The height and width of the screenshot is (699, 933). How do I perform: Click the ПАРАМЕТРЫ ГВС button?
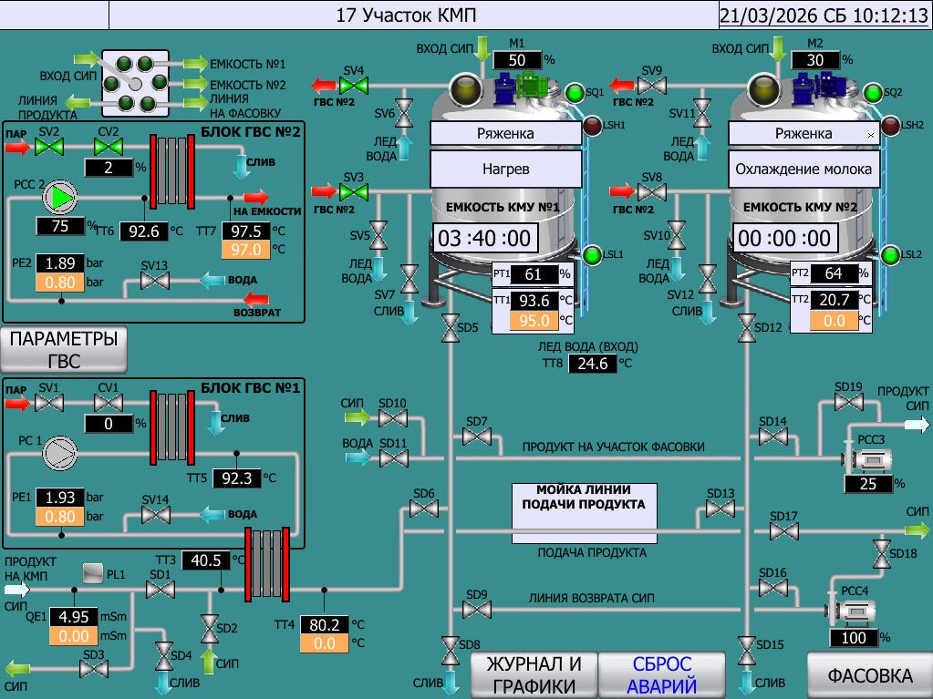point(64,349)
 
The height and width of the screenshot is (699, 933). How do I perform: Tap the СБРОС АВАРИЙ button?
point(661,675)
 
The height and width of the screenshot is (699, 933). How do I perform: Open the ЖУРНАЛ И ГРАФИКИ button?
point(534,675)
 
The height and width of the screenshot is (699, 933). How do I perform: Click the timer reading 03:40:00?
point(484,239)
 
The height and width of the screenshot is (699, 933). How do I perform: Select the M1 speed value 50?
point(517,60)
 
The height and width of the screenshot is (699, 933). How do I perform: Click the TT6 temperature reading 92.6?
point(143,231)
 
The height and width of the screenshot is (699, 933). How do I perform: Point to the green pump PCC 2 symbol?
point(61,195)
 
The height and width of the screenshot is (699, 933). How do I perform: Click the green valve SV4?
point(353,87)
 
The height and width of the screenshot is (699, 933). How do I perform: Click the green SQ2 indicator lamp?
point(873,93)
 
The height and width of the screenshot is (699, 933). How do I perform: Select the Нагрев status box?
point(505,169)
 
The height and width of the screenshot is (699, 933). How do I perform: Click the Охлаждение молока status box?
point(803,169)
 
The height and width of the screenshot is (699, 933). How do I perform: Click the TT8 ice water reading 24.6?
point(592,365)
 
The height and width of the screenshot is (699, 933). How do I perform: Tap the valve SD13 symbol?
point(720,509)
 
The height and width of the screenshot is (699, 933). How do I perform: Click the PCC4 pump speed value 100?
point(854,638)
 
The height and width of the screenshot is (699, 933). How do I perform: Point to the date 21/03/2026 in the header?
point(763,15)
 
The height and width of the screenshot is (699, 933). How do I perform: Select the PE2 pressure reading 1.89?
point(60,262)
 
